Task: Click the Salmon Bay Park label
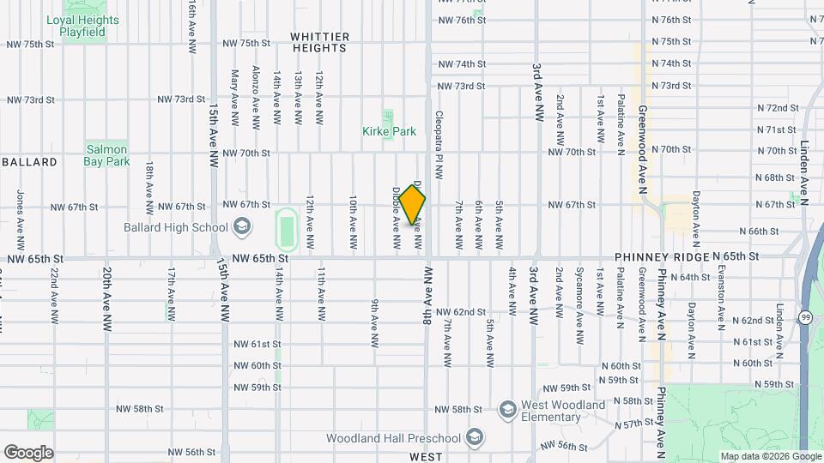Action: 107,155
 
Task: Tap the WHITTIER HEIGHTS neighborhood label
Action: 319,42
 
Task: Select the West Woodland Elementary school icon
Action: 506,406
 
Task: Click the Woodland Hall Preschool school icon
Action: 473,438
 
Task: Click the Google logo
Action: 28,453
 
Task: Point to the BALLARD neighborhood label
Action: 30,162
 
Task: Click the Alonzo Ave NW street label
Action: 256,98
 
